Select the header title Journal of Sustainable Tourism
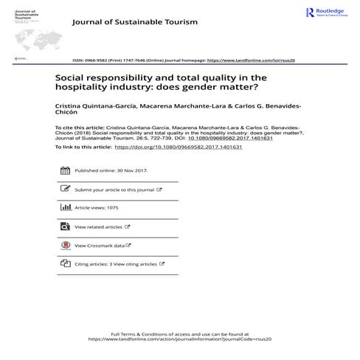[x=134, y=22]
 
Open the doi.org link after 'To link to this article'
[x=179, y=147]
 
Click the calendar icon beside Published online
[x=64, y=171]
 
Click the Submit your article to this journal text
[x=114, y=190]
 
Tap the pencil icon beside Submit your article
[x=64, y=190]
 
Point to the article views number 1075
[x=113, y=208]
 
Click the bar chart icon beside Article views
[x=64, y=208]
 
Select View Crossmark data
[x=100, y=245]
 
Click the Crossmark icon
[x=64, y=245]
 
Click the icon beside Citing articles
[x=64, y=263]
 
